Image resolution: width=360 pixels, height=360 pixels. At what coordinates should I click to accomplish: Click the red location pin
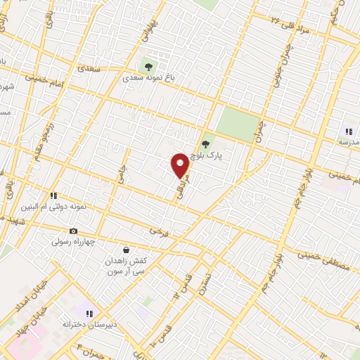coord(180,165)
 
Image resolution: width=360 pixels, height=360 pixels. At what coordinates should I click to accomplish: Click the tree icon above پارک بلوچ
coord(205,145)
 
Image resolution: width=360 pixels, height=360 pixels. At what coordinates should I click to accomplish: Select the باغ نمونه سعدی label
coord(148,79)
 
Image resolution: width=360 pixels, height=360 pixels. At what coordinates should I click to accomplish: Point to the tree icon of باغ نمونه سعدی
coord(148,66)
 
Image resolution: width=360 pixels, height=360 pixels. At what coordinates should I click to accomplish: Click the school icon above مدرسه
coord(348,131)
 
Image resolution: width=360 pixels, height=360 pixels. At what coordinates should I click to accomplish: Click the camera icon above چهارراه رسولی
coord(73,231)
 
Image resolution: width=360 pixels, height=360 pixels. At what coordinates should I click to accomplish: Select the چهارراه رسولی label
coord(73,242)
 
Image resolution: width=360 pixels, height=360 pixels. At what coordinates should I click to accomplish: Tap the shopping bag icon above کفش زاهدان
coord(126,249)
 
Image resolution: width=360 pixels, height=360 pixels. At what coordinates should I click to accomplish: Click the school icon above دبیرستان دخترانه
coord(89,313)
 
